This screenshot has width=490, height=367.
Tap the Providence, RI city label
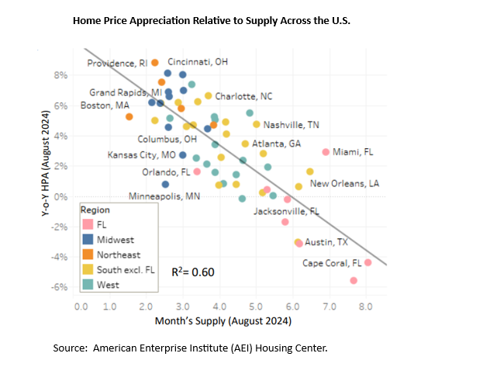[117, 63]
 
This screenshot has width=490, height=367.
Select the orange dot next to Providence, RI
[155, 62]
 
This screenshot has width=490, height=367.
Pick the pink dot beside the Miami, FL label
[326, 152]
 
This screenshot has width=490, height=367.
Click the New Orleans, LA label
[344, 184]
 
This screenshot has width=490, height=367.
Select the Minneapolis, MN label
[164, 196]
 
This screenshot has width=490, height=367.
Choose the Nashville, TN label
[291, 125]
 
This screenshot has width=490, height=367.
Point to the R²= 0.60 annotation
[193, 272]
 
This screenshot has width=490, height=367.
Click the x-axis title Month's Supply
[224, 320]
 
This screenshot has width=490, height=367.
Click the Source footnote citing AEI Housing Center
[190, 348]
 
